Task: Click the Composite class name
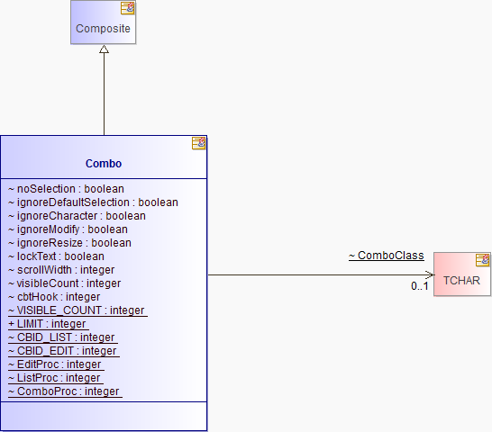coord(103,29)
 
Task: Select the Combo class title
coord(104,163)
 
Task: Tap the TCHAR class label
coord(461,280)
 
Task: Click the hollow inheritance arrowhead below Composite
coord(105,49)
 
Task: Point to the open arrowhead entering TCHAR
coord(431,274)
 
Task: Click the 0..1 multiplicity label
coord(420,286)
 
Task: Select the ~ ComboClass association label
coord(387,256)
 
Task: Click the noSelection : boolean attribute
coord(66,189)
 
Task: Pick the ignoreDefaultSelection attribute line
coord(93,202)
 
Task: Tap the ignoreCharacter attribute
coord(77,216)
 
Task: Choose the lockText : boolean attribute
coord(56,256)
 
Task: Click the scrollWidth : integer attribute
coord(61,270)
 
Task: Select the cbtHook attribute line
coord(54,297)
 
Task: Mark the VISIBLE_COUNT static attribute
coord(77,310)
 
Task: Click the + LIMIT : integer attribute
coord(49,323)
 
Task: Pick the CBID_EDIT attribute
coord(64,350)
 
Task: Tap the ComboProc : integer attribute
coord(65,391)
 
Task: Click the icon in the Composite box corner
coord(128,8)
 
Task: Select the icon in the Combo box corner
coord(198,143)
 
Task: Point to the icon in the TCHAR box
coord(483,260)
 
